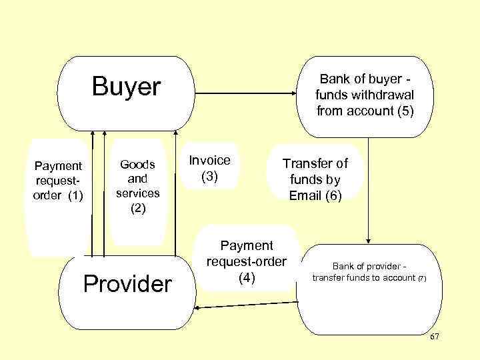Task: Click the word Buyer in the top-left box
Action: coord(127,87)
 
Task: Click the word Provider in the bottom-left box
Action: coord(127,284)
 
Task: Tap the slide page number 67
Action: coord(435,337)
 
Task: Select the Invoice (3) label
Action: coord(210,169)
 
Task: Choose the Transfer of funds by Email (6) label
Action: coord(315,179)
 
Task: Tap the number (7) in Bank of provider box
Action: coord(422,279)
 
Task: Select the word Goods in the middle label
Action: coord(137,165)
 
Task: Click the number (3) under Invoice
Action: coord(211,177)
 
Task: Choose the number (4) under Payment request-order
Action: coord(247,278)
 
